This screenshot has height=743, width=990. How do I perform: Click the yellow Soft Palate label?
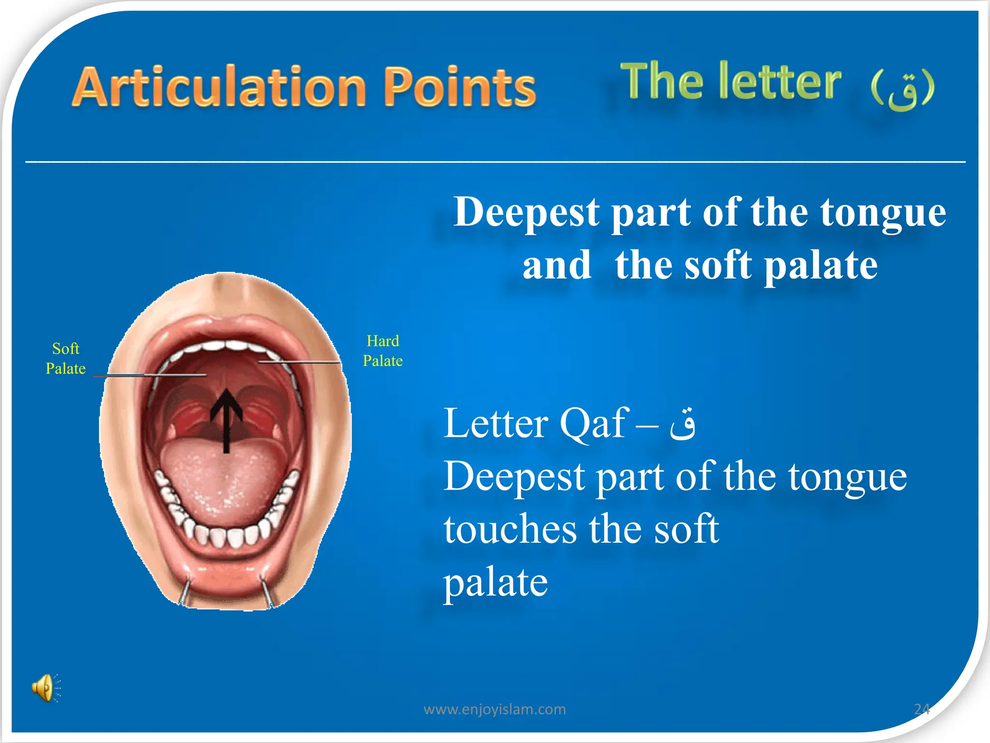pos(66,358)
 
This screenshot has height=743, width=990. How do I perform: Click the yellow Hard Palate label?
pos(382,351)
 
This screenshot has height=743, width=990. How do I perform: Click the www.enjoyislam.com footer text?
pos(495,709)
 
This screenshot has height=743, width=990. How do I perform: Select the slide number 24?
pos(921,709)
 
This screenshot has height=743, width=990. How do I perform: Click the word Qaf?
pos(594,424)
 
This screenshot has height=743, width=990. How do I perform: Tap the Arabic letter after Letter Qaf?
pos(682,424)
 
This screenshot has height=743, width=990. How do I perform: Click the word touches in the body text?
pos(510,529)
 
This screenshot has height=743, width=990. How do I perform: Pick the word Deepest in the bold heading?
pos(527,213)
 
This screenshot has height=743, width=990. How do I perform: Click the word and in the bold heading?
pos(557,266)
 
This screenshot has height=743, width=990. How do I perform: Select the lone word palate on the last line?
pos(495,582)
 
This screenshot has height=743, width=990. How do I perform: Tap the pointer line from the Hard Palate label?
pos(300,362)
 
